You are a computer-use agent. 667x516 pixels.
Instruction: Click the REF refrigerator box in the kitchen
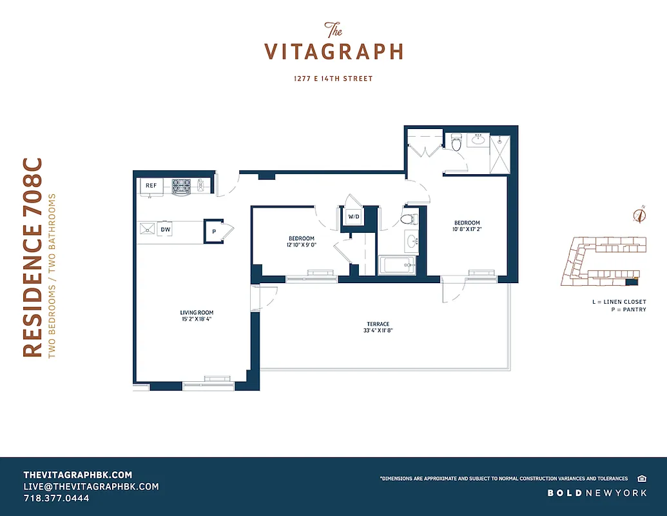click(151, 186)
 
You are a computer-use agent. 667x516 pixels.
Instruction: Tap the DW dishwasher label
click(166, 229)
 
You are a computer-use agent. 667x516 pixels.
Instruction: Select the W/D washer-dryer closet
click(353, 217)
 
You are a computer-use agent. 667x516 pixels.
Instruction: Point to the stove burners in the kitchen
click(180, 186)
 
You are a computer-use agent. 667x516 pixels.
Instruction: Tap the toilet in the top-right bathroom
click(456, 143)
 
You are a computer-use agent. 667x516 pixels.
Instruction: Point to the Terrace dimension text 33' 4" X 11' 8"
click(378, 331)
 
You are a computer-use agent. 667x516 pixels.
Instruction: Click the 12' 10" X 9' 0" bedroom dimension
click(302, 245)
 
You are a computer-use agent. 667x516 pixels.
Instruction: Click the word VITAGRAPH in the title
click(334, 52)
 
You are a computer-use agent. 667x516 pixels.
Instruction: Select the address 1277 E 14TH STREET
click(333, 79)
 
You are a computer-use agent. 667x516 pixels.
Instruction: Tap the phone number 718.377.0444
click(56, 498)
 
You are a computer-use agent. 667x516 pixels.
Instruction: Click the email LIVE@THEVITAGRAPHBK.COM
click(91, 486)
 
